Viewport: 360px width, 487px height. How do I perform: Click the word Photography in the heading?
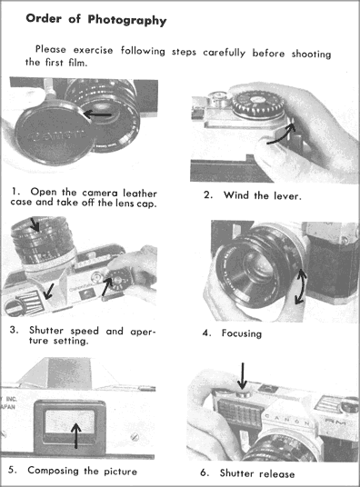pyautogui.click(x=127, y=20)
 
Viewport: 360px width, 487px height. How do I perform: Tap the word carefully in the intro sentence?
pyautogui.click(x=224, y=53)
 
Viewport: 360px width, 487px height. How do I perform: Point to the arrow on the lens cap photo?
pyautogui.click(x=97, y=114)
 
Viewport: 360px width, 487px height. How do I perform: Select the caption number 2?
pyautogui.click(x=207, y=195)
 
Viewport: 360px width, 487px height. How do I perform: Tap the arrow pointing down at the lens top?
pyautogui.click(x=35, y=224)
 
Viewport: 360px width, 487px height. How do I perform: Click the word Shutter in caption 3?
pyautogui.click(x=46, y=330)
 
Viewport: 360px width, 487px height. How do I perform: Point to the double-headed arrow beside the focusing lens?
pyautogui.click(x=301, y=286)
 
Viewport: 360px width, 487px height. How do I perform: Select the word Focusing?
pyautogui.click(x=242, y=333)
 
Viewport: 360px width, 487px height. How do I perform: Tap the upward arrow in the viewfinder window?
pyautogui.click(x=75, y=436)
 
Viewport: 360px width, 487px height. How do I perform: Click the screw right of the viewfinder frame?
pyautogui.click(x=135, y=437)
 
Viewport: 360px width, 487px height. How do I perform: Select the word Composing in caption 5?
pyautogui.click(x=53, y=471)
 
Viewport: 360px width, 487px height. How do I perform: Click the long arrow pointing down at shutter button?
pyautogui.click(x=243, y=376)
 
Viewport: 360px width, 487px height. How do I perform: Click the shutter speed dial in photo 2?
pyautogui.click(x=258, y=104)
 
